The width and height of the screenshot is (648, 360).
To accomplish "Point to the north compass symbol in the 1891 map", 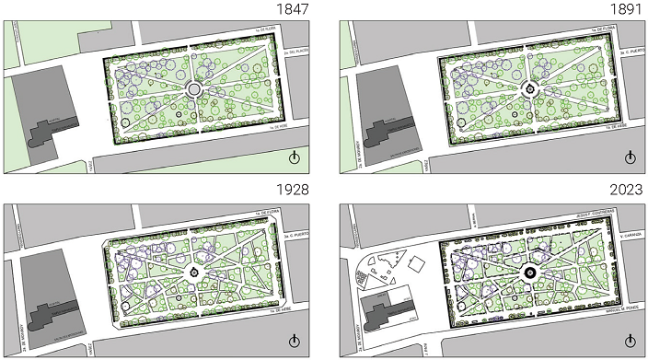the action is click(631, 157).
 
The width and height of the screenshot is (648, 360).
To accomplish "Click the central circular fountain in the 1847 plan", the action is click(195, 89).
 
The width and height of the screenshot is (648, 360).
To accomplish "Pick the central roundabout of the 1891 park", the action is click(531, 89).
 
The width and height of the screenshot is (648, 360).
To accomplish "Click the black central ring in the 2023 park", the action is click(531, 273).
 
